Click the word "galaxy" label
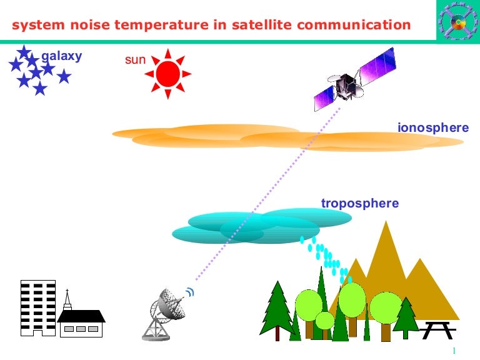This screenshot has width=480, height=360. (62, 57)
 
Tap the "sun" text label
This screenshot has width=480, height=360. (135, 61)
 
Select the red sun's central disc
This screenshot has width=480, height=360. (167, 74)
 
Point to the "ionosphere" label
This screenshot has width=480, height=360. (432, 128)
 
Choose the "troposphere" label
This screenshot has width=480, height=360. (359, 204)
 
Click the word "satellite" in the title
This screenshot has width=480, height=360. (249, 26)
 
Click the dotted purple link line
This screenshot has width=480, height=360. (269, 194)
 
